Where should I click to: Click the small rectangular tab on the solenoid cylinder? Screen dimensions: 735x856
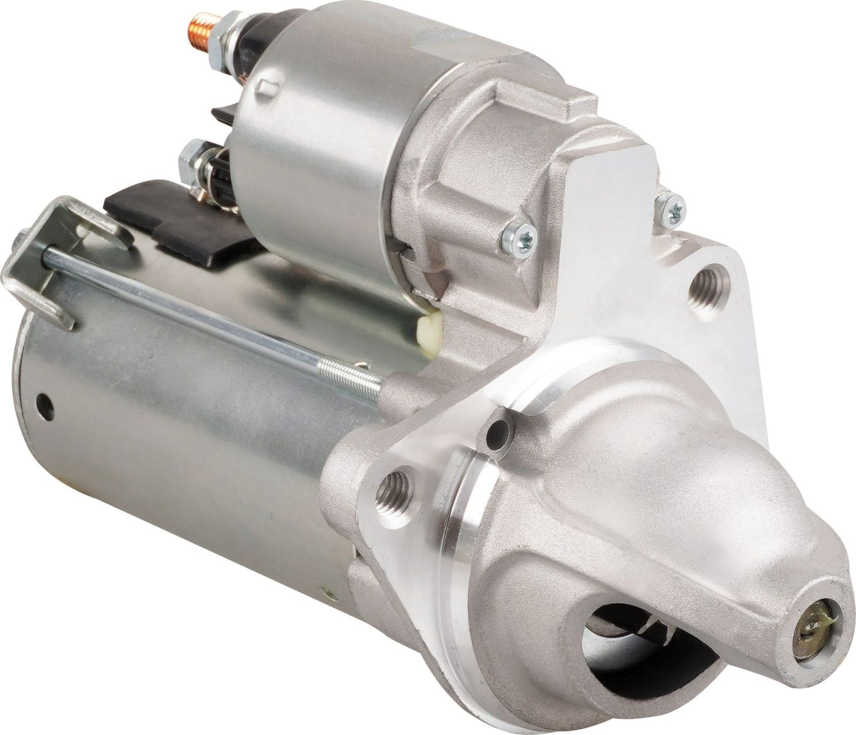pos(264,89)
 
